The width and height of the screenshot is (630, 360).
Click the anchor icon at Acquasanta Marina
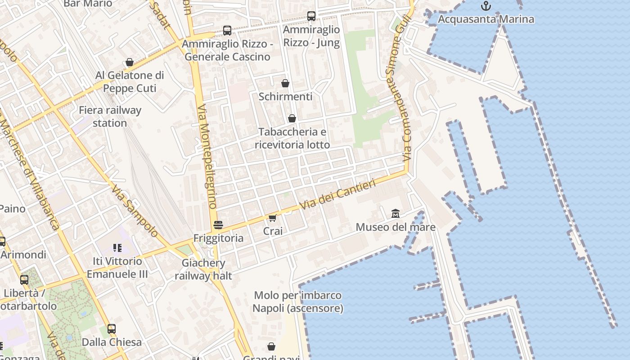click(486, 6)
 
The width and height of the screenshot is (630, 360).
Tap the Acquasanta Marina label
click(486, 19)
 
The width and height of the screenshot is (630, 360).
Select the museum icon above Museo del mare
click(395, 213)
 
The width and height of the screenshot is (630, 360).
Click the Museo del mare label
click(395, 227)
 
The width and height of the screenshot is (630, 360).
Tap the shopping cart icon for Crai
click(272, 218)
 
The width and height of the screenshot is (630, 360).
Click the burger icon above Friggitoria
click(218, 225)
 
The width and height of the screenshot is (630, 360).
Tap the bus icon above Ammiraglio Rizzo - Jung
click(311, 16)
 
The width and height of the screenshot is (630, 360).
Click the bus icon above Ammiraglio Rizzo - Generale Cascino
click(227, 31)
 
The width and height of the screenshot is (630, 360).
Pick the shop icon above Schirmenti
click(285, 83)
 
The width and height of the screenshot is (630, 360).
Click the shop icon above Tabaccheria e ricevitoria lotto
click(292, 118)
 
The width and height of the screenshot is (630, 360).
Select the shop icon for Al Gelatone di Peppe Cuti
click(130, 62)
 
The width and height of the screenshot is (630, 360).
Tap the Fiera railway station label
click(110, 117)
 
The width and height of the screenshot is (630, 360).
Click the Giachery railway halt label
click(203, 269)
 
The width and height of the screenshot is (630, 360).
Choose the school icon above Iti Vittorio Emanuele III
click(117, 247)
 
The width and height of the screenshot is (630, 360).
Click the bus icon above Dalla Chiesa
click(112, 329)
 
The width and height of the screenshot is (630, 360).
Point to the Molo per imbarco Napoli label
click(297, 302)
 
